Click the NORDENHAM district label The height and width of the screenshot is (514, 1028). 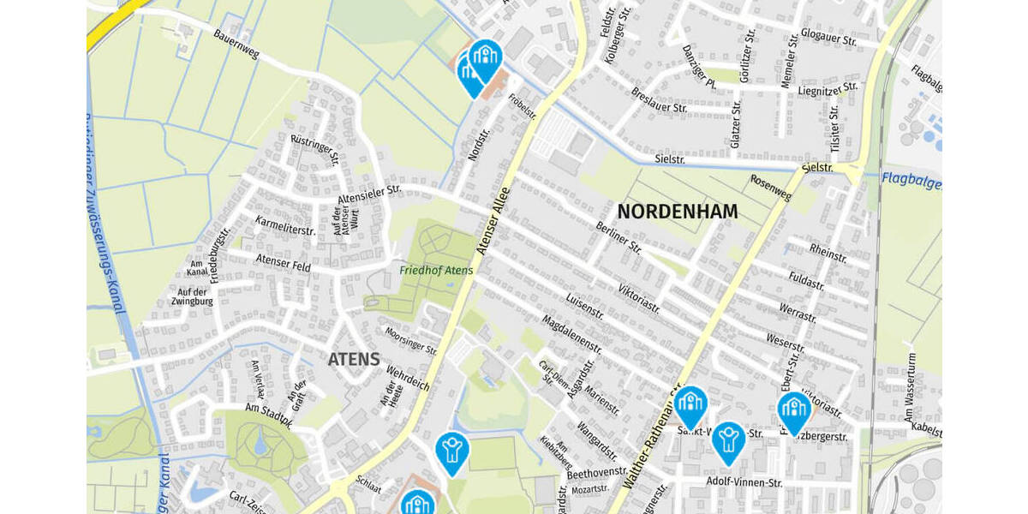tap(677, 211)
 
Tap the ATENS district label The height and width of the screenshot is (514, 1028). tap(353, 360)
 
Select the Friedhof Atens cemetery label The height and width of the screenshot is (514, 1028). tap(436, 271)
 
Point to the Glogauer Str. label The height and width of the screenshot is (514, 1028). tap(828, 38)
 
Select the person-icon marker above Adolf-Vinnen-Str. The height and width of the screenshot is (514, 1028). tap(728, 439)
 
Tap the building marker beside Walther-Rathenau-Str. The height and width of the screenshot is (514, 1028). tap(690, 404)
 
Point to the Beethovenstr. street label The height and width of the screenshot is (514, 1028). tap(597, 472)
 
